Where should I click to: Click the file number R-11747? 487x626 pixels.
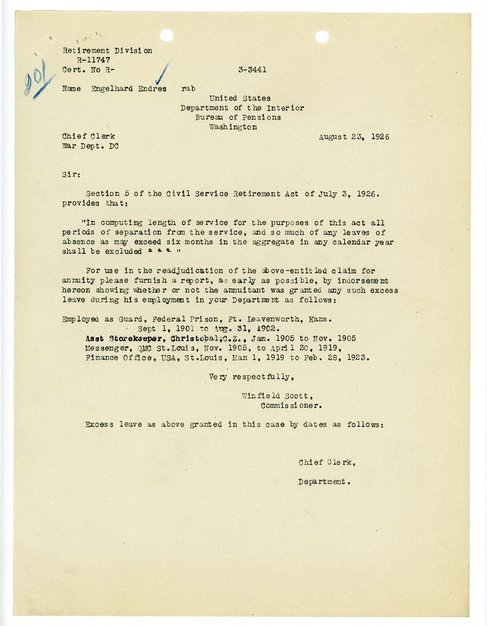[94, 60]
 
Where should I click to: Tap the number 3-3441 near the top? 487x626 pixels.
[252, 70]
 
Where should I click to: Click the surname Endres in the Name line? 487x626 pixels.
[152, 89]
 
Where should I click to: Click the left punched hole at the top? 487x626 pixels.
[166, 35]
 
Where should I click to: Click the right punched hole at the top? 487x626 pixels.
[322, 37]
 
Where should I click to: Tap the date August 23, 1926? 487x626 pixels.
[354, 137]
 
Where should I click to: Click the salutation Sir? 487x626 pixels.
[71, 174]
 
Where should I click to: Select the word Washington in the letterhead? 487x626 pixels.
[233, 127]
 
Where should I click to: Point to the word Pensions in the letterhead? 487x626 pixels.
[262, 117]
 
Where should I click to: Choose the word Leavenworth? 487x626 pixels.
[271, 319]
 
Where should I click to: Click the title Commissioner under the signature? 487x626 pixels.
[291, 406]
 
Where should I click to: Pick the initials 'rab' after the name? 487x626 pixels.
[188, 89]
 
